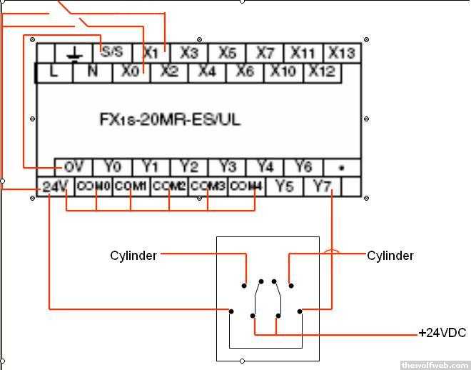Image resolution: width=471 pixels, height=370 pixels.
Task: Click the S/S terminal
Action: point(112,52)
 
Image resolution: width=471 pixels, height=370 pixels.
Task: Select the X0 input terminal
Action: point(130,71)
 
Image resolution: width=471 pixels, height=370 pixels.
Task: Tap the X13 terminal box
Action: point(342,53)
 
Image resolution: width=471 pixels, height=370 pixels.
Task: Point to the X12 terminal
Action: point(323,71)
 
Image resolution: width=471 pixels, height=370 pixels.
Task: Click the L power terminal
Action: point(54,71)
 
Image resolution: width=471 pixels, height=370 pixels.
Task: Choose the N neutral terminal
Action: point(93,71)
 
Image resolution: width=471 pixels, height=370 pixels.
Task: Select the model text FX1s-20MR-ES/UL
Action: point(170,119)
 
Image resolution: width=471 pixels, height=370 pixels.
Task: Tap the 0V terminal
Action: point(74,166)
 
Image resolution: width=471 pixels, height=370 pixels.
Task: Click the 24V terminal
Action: point(54,186)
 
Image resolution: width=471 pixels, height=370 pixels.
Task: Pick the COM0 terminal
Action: point(93,186)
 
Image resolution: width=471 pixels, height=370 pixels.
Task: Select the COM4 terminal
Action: point(246,186)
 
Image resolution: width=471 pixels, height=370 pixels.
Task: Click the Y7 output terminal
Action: point(323,186)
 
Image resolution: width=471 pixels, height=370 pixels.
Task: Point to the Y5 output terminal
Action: point(285,186)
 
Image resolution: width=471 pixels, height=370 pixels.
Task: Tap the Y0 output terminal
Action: point(112,166)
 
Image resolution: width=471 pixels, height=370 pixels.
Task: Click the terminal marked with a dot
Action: point(342,167)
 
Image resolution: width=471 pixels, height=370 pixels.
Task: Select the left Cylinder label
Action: point(133,255)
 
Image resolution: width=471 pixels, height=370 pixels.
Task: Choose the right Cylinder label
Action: point(390,255)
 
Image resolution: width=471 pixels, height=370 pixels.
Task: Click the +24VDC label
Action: point(442,334)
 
